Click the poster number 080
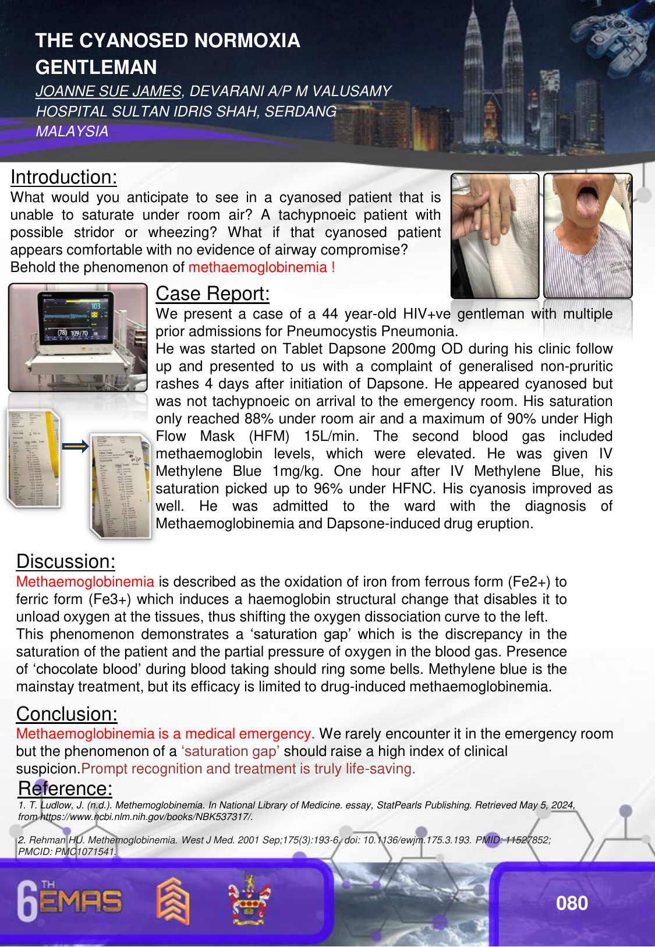click(572, 903)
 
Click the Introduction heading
click(63, 177)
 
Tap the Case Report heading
click(213, 294)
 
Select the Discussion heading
click(66, 561)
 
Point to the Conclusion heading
click(67, 714)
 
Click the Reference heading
click(65, 789)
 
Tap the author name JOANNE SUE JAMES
click(108, 91)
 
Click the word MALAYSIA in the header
click(72, 132)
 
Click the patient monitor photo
click(78, 337)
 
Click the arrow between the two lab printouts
click(76, 447)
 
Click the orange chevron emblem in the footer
click(173, 901)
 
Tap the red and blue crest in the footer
click(249, 900)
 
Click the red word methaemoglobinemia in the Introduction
click(258, 267)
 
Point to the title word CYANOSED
click(133, 41)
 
